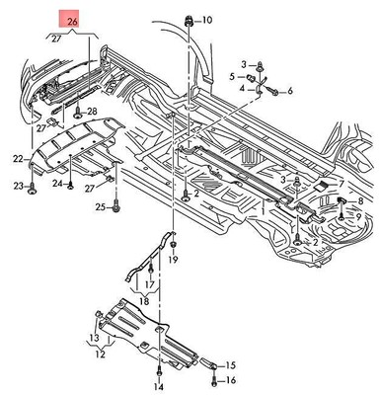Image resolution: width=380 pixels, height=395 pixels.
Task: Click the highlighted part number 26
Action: point(73,20)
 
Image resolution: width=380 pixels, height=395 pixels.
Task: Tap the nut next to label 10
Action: point(187,19)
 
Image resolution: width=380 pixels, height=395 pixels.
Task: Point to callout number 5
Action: point(241,89)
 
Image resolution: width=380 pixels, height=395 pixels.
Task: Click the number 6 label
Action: point(231,75)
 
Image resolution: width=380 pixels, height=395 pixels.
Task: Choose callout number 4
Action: point(291,92)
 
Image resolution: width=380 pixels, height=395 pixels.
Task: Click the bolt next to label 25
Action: point(116,207)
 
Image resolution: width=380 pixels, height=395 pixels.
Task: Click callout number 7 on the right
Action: point(341,184)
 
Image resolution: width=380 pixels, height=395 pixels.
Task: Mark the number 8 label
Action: point(360,200)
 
